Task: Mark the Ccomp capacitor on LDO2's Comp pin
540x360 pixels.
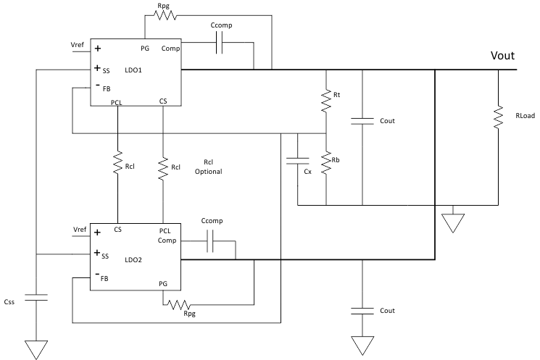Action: click(211, 240)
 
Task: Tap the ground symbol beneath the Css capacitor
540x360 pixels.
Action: click(35, 348)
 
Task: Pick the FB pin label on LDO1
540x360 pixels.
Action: click(106, 89)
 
